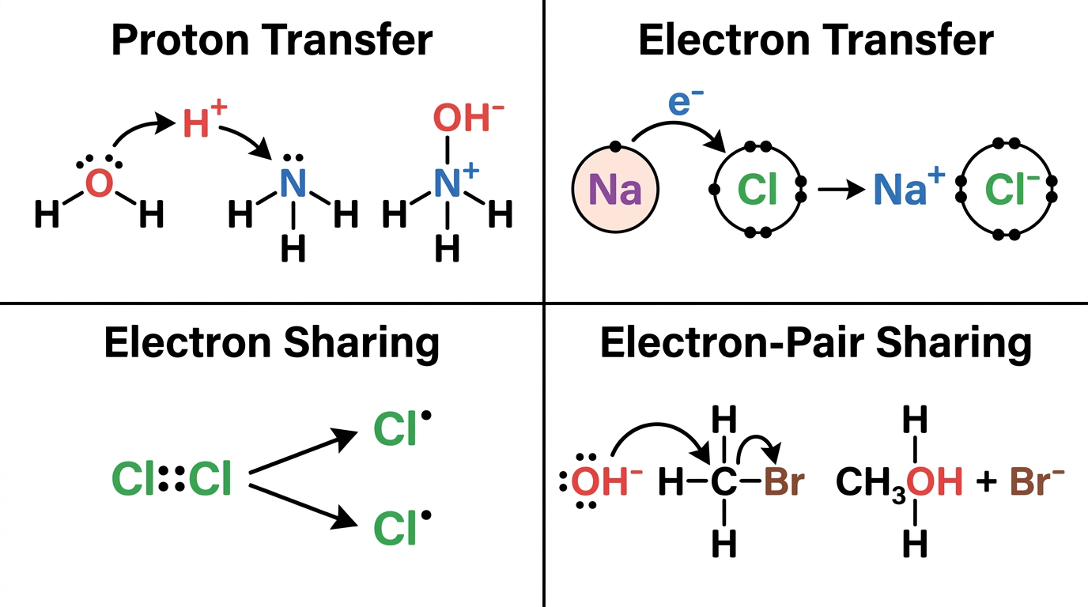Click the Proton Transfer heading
[272, 40]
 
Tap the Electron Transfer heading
[816, 40]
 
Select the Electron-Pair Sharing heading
[816, 343]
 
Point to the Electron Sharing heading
[272, 343]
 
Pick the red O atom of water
[99, 183]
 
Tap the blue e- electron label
[686, 102]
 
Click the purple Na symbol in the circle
[615, 190]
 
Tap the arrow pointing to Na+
[841, 189]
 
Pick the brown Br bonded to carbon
[784, 481]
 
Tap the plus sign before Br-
[986, 482]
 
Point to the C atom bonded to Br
[723, 481]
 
